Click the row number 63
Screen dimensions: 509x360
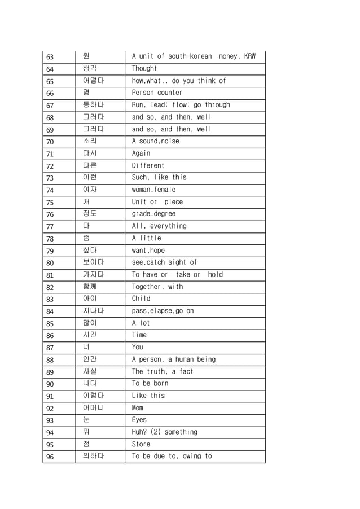pos(50,57)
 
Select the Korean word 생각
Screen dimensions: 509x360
pos(89,68)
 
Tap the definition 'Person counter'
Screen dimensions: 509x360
pos(157,93)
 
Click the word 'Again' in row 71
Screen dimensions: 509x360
pos(141,153)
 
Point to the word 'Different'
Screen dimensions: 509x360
pos(148,165)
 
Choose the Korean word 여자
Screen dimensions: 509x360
pos(89,190)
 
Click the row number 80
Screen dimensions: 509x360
pos(50,263)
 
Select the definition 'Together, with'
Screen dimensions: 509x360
pos(157,287)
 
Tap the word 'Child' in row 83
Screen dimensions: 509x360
pos(141,299)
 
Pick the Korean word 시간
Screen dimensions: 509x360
pos(89,335)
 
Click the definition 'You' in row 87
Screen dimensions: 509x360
pos(137,347)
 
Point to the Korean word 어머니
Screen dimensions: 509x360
pos(93,407)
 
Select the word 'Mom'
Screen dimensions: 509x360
pos(137,407)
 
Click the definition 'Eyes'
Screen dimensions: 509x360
pos(139,420)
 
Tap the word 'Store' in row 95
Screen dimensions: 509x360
pos(141,444)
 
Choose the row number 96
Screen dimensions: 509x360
pos(50,457)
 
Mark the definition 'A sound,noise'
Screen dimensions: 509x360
pos(155,141)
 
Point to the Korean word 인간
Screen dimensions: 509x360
pos(89,359)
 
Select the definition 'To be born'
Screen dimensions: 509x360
pos(150,383)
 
